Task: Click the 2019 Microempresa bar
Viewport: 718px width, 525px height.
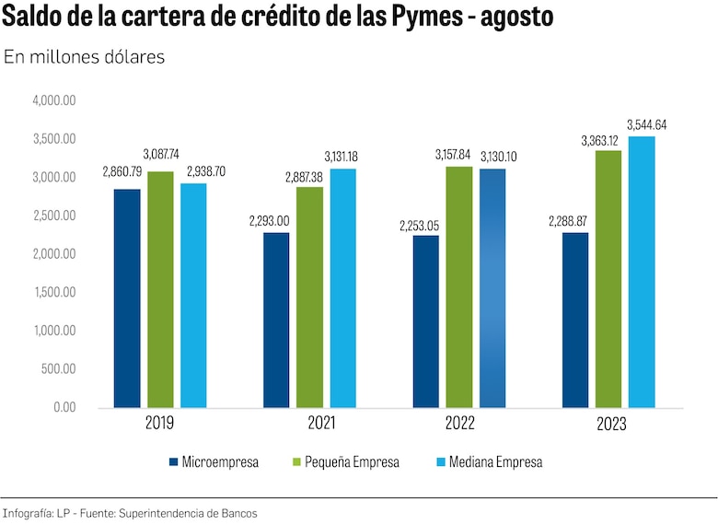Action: (x=127, y=298)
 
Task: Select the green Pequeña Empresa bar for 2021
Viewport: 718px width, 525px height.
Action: (x=309, y=297)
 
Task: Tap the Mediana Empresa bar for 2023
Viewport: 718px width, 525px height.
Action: (x=642, y=272)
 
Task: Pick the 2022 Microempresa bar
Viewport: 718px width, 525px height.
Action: (x=425, y=321)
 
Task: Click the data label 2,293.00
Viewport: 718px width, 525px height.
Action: (x=269, y=221)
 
